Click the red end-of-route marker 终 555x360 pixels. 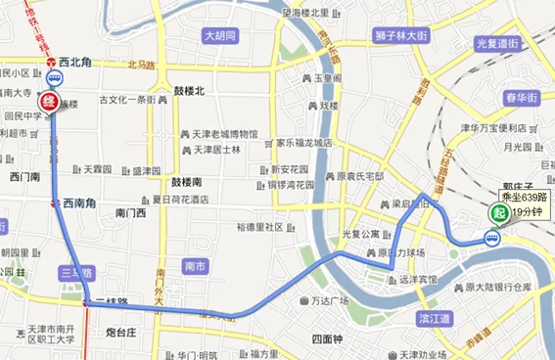pos(46,101)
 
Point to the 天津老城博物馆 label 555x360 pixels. pos(224,134)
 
